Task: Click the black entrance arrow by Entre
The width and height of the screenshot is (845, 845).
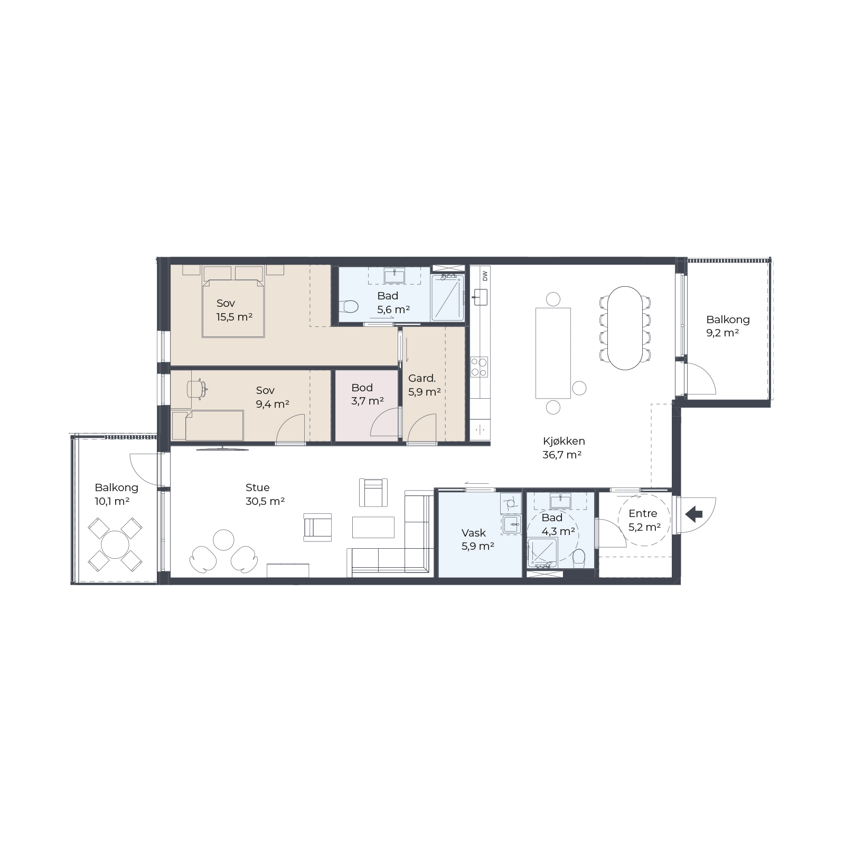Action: [x=693, y=514]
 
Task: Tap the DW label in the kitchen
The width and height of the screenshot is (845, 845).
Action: [x=484, y=275]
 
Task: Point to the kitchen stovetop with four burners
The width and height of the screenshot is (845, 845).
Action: [x=480, y=367]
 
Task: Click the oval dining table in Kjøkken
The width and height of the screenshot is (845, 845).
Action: [x=625, y=328]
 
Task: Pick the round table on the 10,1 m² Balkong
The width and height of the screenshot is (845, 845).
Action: [x=115, y=545]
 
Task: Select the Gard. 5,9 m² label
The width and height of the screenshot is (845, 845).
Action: [x=424, y=385]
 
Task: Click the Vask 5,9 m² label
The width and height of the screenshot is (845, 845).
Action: [x=478, y=539]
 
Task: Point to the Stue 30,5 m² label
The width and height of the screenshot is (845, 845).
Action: [x=265, y=494]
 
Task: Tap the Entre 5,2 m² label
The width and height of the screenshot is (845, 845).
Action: [x=644, y=520]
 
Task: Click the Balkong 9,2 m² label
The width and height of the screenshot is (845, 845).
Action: [x=728, y=326]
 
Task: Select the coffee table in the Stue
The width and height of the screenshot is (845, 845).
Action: [x=373, y=527]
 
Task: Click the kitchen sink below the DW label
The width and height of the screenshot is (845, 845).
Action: [x=480, y=297]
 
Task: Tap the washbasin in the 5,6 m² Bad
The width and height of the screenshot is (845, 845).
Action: [x=394, y=276]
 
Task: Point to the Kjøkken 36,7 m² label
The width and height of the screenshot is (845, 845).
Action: [x=564, y=447]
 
